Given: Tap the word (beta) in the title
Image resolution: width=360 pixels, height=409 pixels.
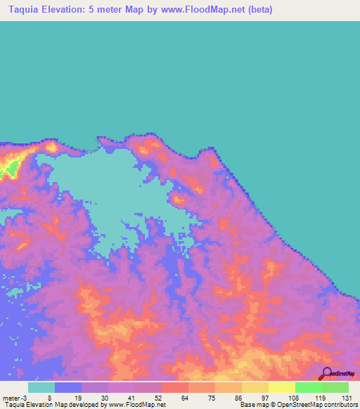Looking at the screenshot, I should (x=257, y=10).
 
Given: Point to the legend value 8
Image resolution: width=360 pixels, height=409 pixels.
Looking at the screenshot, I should (x=49, y=397).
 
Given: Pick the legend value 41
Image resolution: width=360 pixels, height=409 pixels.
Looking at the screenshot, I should (x=132, y=397).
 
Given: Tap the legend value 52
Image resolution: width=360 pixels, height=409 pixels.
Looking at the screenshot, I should (x=159, y=397).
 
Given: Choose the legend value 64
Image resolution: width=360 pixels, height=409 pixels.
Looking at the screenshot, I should (x=186, y=397).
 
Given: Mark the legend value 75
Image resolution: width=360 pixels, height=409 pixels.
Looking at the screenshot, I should (x=212, y=397).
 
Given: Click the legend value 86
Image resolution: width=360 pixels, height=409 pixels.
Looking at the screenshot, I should (x=239, y=397).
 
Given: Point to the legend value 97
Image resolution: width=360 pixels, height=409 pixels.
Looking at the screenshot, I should (x=266, y=397).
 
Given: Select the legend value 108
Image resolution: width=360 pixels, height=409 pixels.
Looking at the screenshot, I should (x=293, y=397).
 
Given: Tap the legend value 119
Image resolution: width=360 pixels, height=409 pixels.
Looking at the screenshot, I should (x=320, y=397).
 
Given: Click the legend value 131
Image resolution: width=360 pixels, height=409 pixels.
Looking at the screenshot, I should (x=346, y=397).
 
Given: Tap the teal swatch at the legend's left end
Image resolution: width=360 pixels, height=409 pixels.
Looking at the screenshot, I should (x=41, y=387).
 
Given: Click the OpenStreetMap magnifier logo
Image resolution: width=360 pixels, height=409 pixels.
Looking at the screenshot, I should (x=326, y=374).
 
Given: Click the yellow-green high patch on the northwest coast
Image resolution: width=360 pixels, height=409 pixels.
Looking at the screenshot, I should (x=10, y=168).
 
